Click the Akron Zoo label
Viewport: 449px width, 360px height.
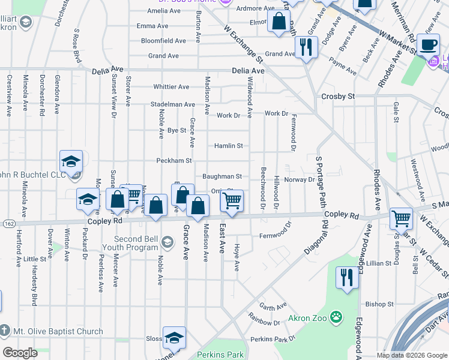click(x=307, y=317)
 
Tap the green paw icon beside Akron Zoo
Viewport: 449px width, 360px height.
click(x=337, y=317)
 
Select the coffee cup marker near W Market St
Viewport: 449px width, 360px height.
click(x=429, y=44)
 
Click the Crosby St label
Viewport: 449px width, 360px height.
click(x=339, y=96)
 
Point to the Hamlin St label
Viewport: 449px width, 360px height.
click(x=229, y=146)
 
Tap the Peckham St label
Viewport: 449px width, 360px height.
click(x=173, y=161)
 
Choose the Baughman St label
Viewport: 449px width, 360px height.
click(x=221, y=176)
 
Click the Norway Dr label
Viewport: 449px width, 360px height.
click(x=300, y=179)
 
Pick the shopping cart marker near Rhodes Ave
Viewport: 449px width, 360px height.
click(x=401, y=219)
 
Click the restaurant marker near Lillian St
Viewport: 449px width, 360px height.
click(x=347, y=277)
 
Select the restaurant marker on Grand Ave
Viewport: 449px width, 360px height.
click(x=306, y=47)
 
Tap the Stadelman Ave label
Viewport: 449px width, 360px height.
click(x=173, y=104)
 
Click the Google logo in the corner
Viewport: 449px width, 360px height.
click(x=20, y=353)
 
